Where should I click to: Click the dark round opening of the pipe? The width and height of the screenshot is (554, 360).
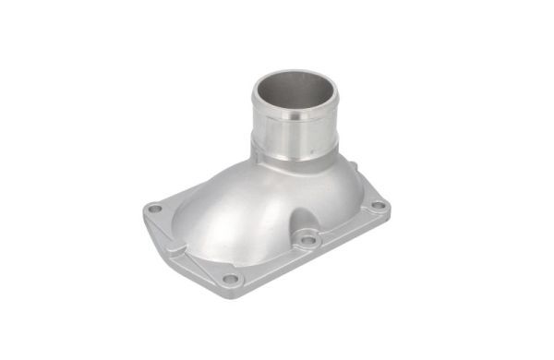(294, 92)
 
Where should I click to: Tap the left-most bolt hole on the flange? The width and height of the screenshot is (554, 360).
(155, 210)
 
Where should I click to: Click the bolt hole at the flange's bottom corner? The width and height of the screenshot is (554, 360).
(229, 278)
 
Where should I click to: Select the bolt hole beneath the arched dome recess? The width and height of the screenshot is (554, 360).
(307, 240)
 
